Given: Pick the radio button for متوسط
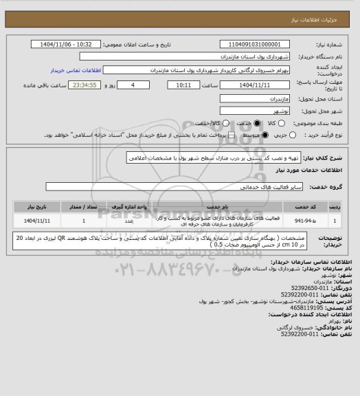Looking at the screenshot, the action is pyautogui.click(x=238, y=135).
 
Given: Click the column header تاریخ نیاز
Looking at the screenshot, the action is pyautogui.click(x=34, y=206).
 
